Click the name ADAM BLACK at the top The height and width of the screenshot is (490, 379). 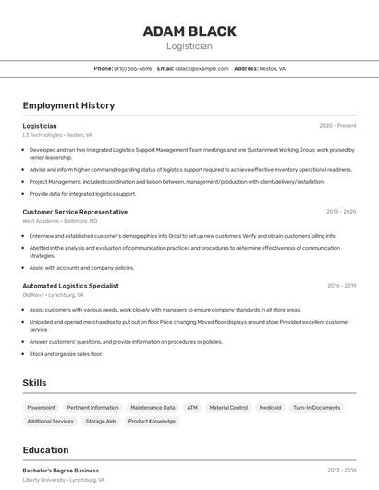pos(189,31)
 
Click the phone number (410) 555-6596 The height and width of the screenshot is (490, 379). pos(133,68)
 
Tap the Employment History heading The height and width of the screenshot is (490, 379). pos(68,105)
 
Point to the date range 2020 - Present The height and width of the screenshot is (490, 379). pos(337,126)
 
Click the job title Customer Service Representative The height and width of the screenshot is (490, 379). pos(75,212)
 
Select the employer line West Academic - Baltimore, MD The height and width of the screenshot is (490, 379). pos(60,222)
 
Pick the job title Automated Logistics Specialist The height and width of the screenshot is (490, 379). pos(70,286)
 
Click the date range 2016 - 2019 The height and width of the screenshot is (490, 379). pos(341,286)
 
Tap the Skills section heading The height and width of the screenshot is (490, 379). pos(34,383)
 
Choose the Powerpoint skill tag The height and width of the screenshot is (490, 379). pos(41,407)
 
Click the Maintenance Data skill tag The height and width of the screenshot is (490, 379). pos(153,407)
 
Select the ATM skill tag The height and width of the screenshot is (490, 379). pos(192,407)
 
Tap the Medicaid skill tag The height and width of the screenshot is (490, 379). pos(270,407)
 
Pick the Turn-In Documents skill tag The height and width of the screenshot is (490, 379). pos(317,407)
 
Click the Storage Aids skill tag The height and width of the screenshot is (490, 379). pos(101,421)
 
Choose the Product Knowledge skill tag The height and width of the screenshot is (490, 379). pos(152,421)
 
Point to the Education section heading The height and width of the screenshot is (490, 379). pos(45,450)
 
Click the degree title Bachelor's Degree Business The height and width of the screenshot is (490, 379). pos(61,471)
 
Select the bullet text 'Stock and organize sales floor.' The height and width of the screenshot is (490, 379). pos(66,354)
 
